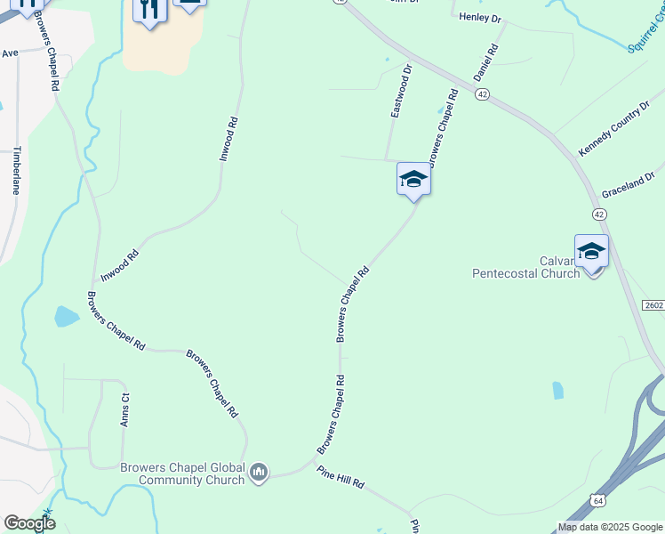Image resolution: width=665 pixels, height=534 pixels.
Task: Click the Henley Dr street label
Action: (480, 18)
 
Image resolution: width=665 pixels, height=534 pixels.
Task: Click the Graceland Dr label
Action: (628, 185)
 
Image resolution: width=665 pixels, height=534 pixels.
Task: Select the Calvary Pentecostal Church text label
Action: (525, 268)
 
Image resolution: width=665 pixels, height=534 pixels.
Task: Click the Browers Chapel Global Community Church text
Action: (182, 473)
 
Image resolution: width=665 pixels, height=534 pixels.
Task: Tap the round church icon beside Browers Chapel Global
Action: (259, 471)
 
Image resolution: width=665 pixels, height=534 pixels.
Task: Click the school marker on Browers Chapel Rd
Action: (413, 179)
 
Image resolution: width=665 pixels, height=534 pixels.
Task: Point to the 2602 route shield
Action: (653, 305)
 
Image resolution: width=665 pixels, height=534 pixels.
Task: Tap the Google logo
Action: (29, 523)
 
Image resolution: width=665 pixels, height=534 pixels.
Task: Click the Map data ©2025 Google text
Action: (609, 527)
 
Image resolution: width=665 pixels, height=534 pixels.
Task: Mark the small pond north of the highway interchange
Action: (557, 390)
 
